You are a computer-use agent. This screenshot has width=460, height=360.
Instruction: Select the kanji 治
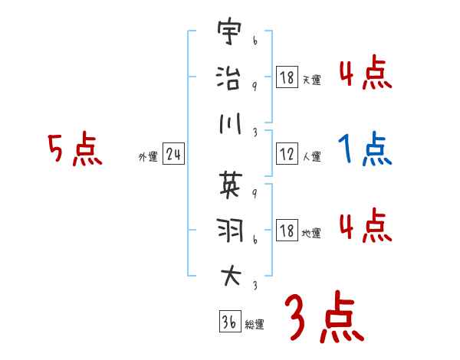click(x=228, y=78)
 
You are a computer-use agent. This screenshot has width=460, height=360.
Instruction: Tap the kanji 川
click(x=228, y=123)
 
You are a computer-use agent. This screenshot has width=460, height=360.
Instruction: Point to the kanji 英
click(x=228, y=183)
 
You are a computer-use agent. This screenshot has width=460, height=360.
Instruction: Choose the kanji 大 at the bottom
click(x=228, y=273)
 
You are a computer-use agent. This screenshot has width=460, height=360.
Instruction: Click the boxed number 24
click(x=174, y=155)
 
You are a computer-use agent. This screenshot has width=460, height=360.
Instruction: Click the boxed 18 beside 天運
click(x=286, y=77)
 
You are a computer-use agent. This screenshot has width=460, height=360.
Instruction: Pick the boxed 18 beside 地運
click(x=286, y=231)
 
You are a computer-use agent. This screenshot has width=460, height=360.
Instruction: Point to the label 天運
click(x=311, y=80)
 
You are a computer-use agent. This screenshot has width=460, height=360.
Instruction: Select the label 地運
click(x=311, y=233)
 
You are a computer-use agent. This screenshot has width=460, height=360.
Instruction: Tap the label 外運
click(x=148, y=157)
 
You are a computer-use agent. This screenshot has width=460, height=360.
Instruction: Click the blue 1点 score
click(x=365, y=149)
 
